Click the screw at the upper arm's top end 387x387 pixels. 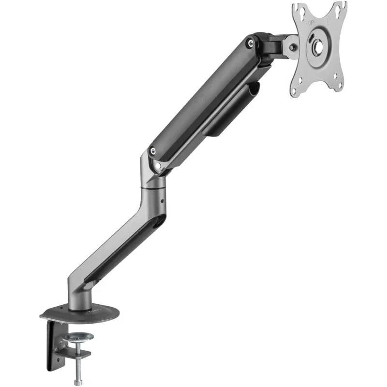pyautogui.click(x=250, y=43)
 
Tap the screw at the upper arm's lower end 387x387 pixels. pyautogui.click(x=152, y=151)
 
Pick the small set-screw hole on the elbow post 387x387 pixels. pyautogui.click(x=163, y=199)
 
